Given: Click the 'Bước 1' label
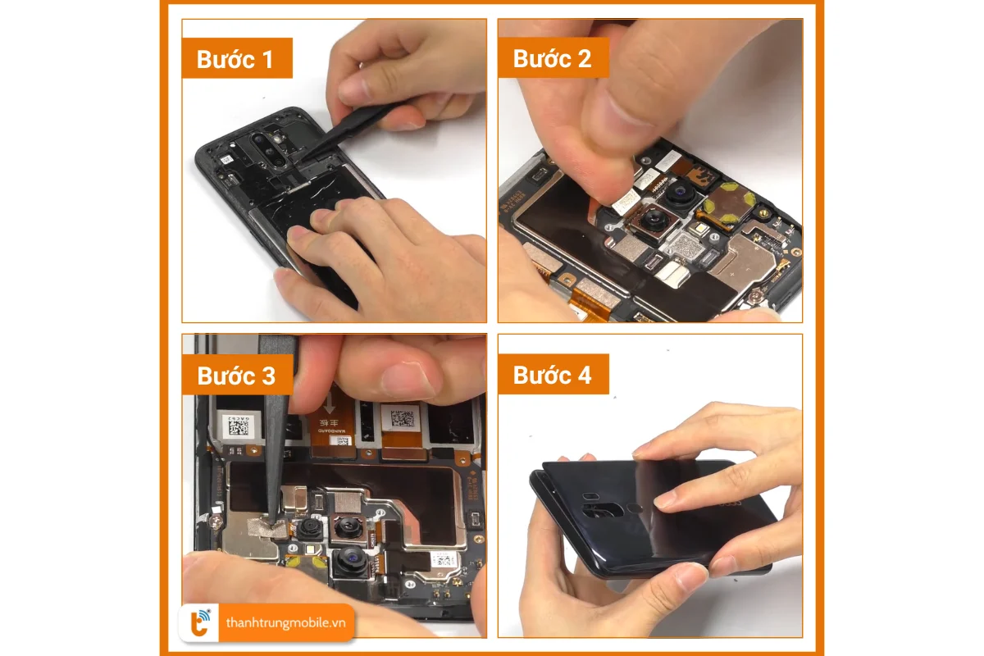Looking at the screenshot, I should (235, 59).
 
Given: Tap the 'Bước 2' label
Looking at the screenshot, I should (552, 58).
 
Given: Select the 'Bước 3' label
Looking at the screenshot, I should (236, 376).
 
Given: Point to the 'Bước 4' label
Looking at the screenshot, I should (552, 375).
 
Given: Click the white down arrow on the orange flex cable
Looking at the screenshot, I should (330, 404).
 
